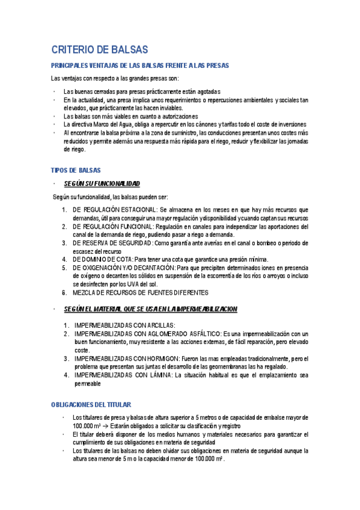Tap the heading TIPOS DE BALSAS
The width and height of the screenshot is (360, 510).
pyautogui.click(x=76, y=170)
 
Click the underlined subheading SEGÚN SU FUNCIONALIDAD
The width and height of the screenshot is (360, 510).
pyautogui.click(x=102, y=183)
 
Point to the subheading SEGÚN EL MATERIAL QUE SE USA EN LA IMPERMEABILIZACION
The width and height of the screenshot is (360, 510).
pyautogui.click(x=150, y=309)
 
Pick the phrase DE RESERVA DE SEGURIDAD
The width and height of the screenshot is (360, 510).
pyautogui.click(x=112, y=243)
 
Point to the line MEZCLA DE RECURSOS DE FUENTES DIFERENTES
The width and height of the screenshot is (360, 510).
pyautogui.click(x=140, y=292)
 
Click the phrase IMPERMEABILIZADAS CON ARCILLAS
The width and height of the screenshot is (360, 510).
pyautogui.click(x=124, y=325)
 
